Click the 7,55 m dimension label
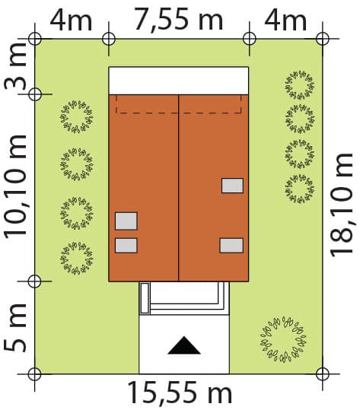pos(179,19)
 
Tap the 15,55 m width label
pos(180,393)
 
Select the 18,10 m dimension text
pos(342,205)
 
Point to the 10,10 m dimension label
pos(16,186)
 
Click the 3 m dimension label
pos(15,67)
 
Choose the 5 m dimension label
pos(15,328)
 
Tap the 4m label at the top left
pos(71,20)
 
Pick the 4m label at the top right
pos(285,20)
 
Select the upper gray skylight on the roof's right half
pos(232,186)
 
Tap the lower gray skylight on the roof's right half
pos(231,245)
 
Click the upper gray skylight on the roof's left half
pos(126,221)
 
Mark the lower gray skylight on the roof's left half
pos(126,246)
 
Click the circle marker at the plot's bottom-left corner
pos(34,374)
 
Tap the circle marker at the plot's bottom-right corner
pos(323,374)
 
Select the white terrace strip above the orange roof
pos(179,81)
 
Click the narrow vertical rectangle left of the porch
pos(145,298)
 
